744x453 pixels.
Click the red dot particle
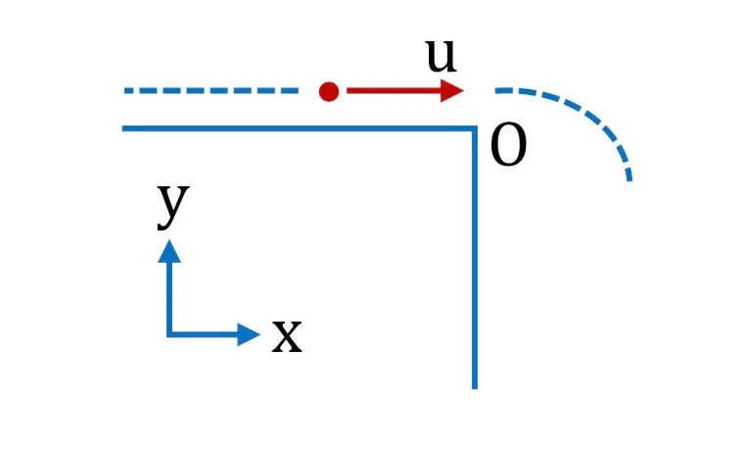(329, 91)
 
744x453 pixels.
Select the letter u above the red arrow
(441, 55)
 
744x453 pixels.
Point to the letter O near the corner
(508, 145)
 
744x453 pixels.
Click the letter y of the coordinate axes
(173, 206)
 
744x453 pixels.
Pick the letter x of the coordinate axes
(287, 335)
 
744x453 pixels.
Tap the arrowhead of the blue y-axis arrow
(169, 251)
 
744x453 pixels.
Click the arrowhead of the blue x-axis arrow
(249, 334)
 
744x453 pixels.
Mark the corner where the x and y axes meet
(169, 334)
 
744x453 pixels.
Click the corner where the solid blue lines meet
(475, 128)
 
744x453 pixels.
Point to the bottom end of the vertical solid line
(475, 388)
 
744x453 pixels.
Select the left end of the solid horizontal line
(123, 128)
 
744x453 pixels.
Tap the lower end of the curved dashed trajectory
(629, 180)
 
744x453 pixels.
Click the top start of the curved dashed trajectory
(496, 90)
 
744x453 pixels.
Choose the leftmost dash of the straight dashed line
(128, 91)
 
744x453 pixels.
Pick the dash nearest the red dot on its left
(291, 91)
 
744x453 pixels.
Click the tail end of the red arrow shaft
(348, 90)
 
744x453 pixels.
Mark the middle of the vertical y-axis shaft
(169, 298)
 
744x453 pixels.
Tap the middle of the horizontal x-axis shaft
(204, 334)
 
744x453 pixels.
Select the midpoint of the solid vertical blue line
(475, 258)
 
